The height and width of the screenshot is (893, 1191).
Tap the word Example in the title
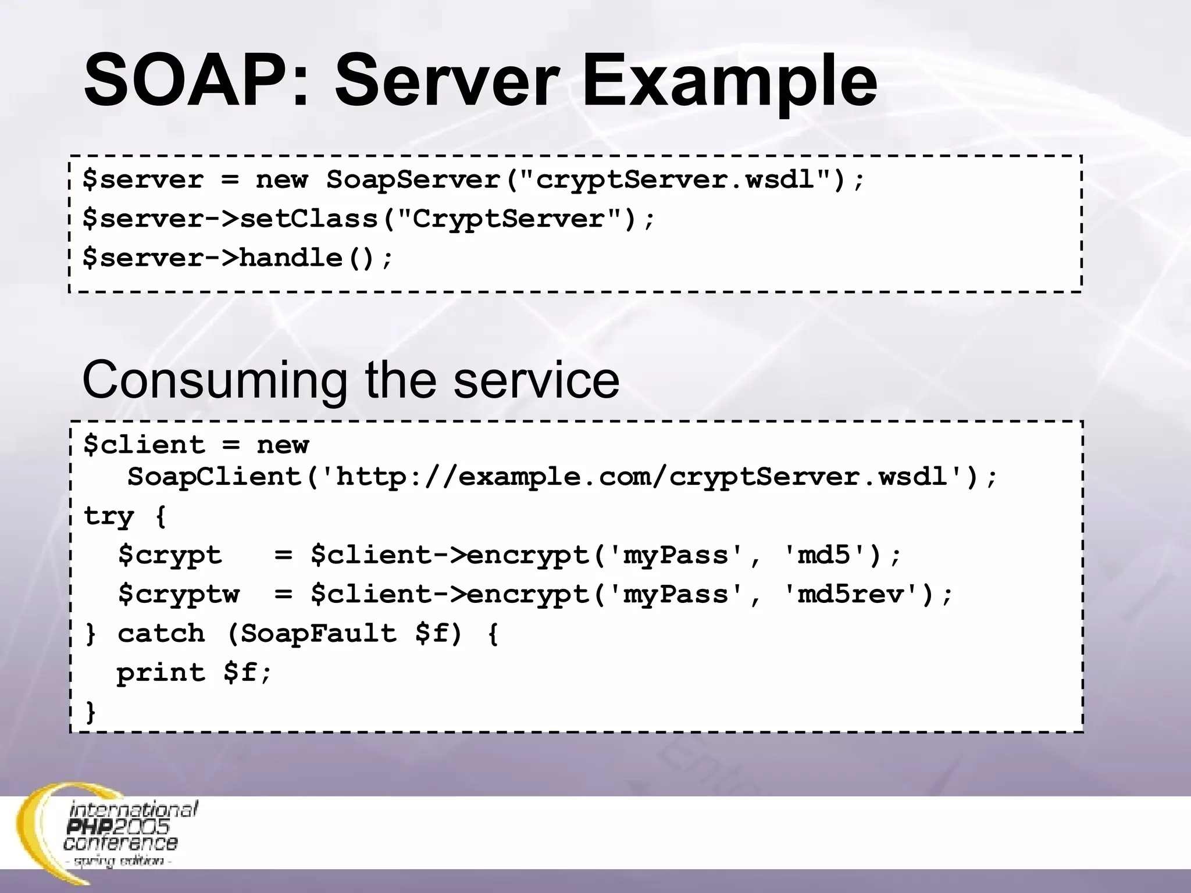coord(729,81)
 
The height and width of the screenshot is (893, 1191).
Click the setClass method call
coord(308,219)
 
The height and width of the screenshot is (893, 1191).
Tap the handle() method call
coord(308,258)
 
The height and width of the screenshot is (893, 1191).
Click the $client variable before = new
coord(144,445)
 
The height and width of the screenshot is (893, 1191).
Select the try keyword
coord(109,516)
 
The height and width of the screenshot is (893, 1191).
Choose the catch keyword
coord(161,634)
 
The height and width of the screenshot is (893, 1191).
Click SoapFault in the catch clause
coord(319,634)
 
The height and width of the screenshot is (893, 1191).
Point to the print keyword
coord(161,673)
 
